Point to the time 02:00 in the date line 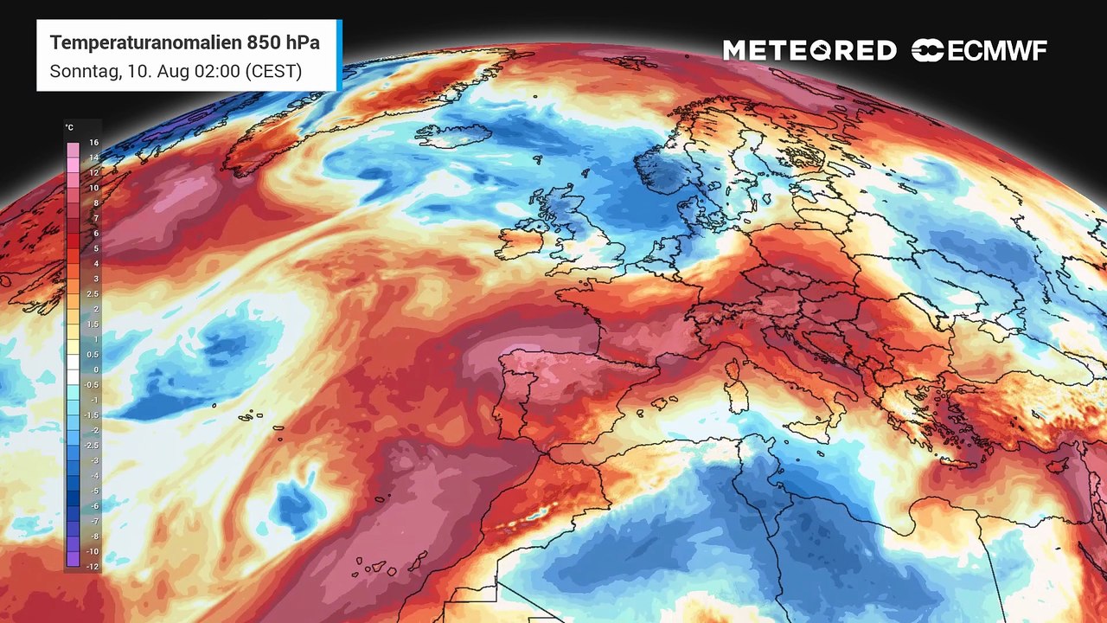coord(217,71)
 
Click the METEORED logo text coord(809,51)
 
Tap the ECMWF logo coord(979,51)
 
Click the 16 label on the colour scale coord(93,142)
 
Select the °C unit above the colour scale coord(69,128)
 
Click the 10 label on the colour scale coord(93,187)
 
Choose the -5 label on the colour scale coord(93,490)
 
